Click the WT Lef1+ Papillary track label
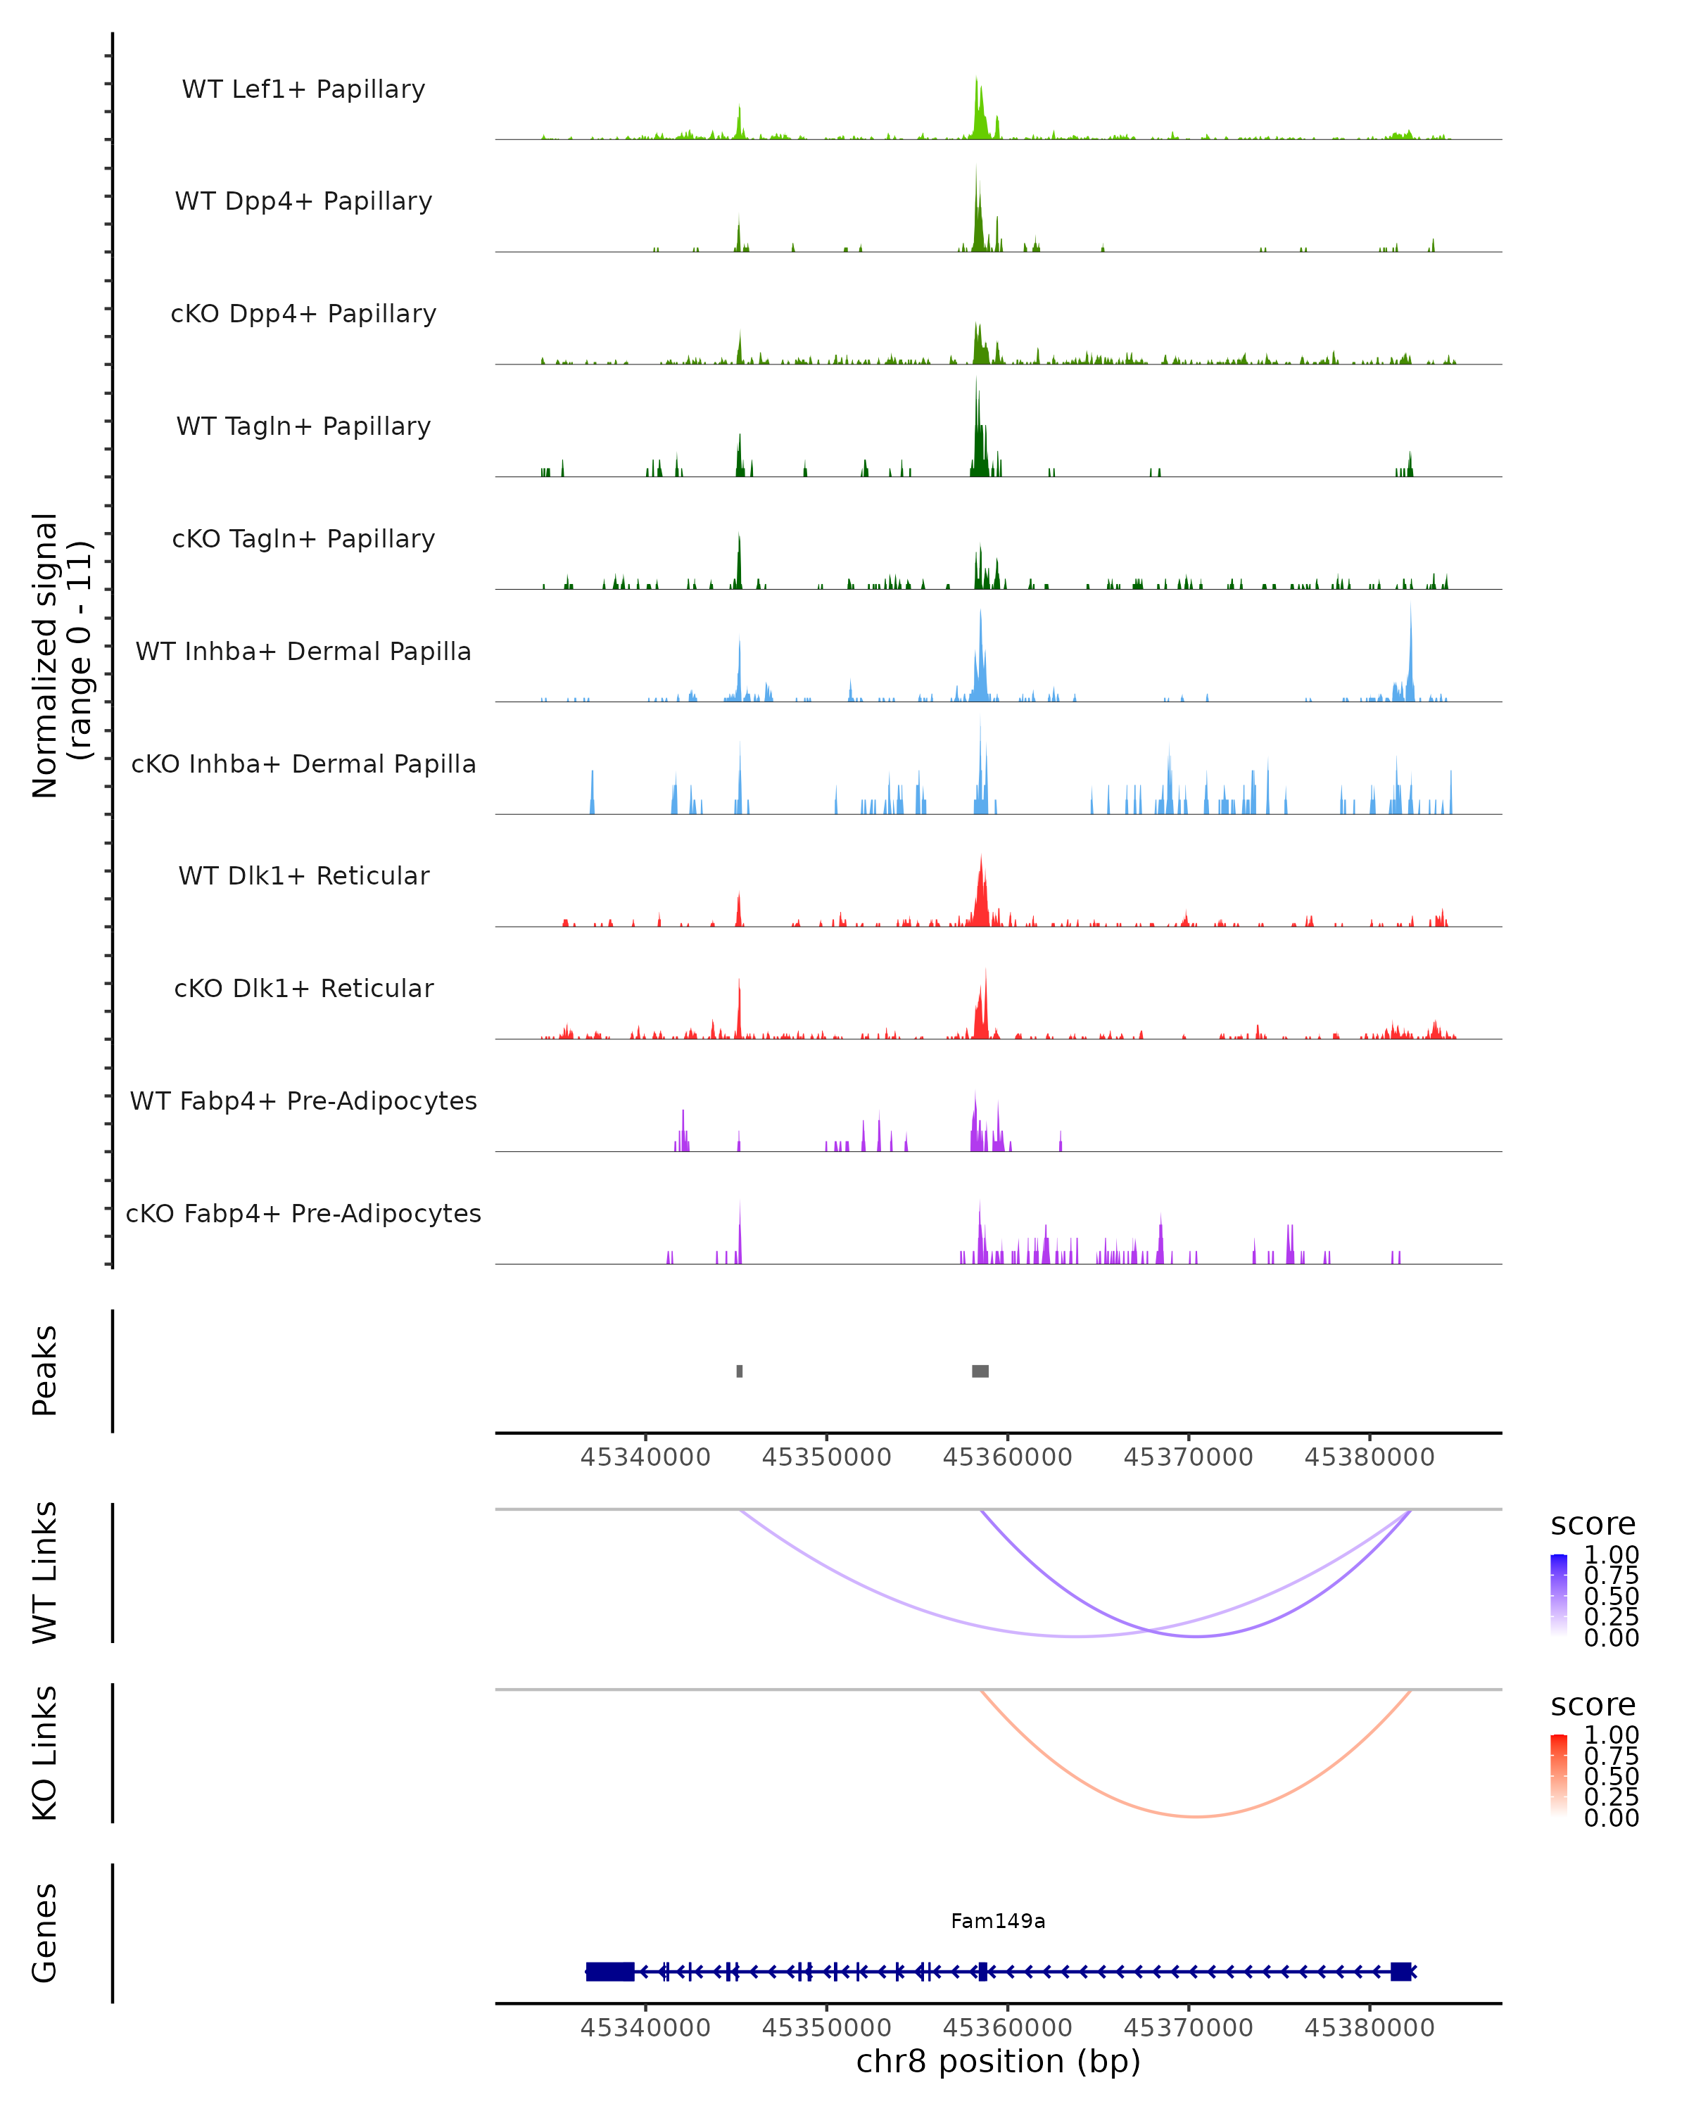303,89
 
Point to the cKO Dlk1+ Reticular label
303,988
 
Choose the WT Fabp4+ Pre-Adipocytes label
303,1101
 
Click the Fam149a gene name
998,1921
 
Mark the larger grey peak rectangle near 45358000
980,1371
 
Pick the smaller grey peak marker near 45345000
739,1371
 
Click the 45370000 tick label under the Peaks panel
1188,1457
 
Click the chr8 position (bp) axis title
998,2061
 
